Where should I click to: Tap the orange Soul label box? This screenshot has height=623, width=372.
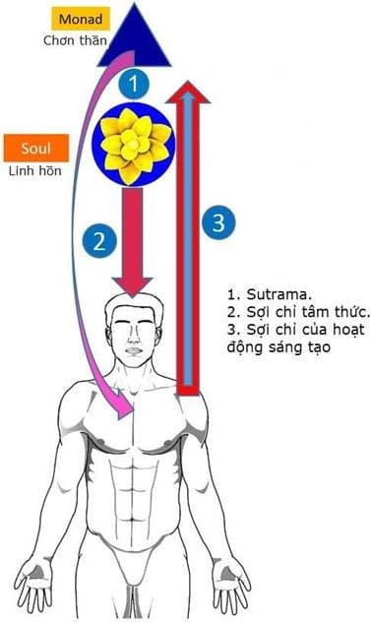pyautogui.click(x=35, y=150)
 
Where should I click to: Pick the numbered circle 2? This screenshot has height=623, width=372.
pyautogui.click(x=94, y=239)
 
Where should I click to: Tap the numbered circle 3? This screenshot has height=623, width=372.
pyautogui.click(x=218, y=221)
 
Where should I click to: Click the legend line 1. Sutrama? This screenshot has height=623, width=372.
pyautogui.click(x=261, y=292)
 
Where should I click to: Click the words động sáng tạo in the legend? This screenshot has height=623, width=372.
pyautogui.click(x=273, y=348)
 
